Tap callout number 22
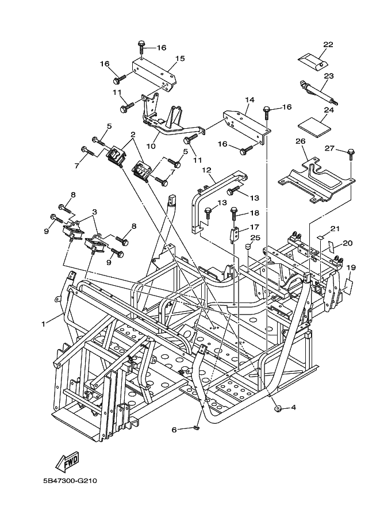(x=328, y=44)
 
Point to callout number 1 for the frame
(x=43, y=324)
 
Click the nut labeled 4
(x=278, y=408)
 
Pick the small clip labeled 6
(x=196, y=428)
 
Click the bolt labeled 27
(x=351, y=152)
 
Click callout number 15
(x=179, y=59)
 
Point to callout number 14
(x=250, y=99)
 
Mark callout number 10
(x=151, y=146)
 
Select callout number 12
(x=207, y=170)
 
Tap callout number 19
(x=351, y=267)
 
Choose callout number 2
(x=132, y=135)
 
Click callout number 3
(x=94, y=212)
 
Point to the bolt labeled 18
(x=235, y=214)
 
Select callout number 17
(x=255, y=227)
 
